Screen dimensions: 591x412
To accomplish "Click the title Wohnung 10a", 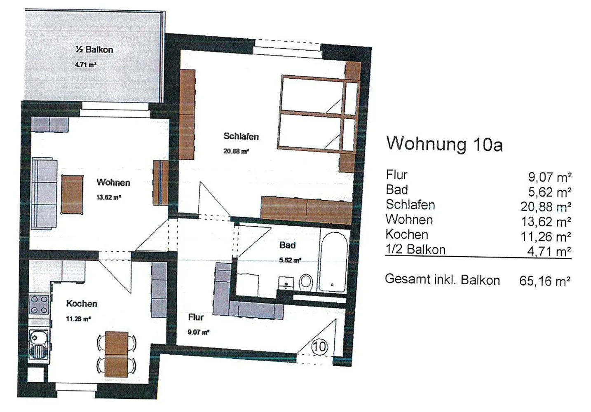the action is pyautogui.click(x=445, y=144).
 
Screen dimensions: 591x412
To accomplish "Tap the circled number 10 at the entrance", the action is pyautogui.click(x=320, y=346).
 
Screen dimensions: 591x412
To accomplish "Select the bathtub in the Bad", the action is pyautogui.click(x=333, y=262).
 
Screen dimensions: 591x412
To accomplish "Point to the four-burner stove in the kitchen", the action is pyautogui.click(x=39, y=304).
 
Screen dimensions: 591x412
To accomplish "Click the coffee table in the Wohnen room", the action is pyautogui.click(x=72, y=194).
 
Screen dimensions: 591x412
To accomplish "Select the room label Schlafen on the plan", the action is pyautogui.click(x=241, y=136).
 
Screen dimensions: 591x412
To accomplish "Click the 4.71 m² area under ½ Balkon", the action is pyautogui.click(x=85, y=64).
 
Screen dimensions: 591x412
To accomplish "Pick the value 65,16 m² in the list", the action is pyautogui.click(x=545, y=281).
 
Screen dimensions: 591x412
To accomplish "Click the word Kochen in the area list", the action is pyautogui.click(x=407, y=234).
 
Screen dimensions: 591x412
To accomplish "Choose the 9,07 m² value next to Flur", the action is pyautogui.click(x=550, y=177).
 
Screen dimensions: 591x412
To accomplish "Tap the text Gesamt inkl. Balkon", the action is pyautogui.click(x=443, y=279).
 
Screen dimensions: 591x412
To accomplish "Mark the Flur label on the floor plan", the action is pyautogui.click(x=196, y=317).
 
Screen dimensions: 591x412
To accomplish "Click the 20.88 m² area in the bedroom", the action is pyautogui.click(x=236, y=151).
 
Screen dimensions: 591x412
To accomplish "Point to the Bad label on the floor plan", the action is pyautogui.click(x=287, y=245).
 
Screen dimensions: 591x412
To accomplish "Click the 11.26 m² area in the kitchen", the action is pyautogui.click(x=78, y=318).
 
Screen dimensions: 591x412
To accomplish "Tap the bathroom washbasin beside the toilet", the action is pyautogui.click(x=286, y=283).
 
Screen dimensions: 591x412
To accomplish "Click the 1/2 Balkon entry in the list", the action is pyautogui.click(x=415, y=250).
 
